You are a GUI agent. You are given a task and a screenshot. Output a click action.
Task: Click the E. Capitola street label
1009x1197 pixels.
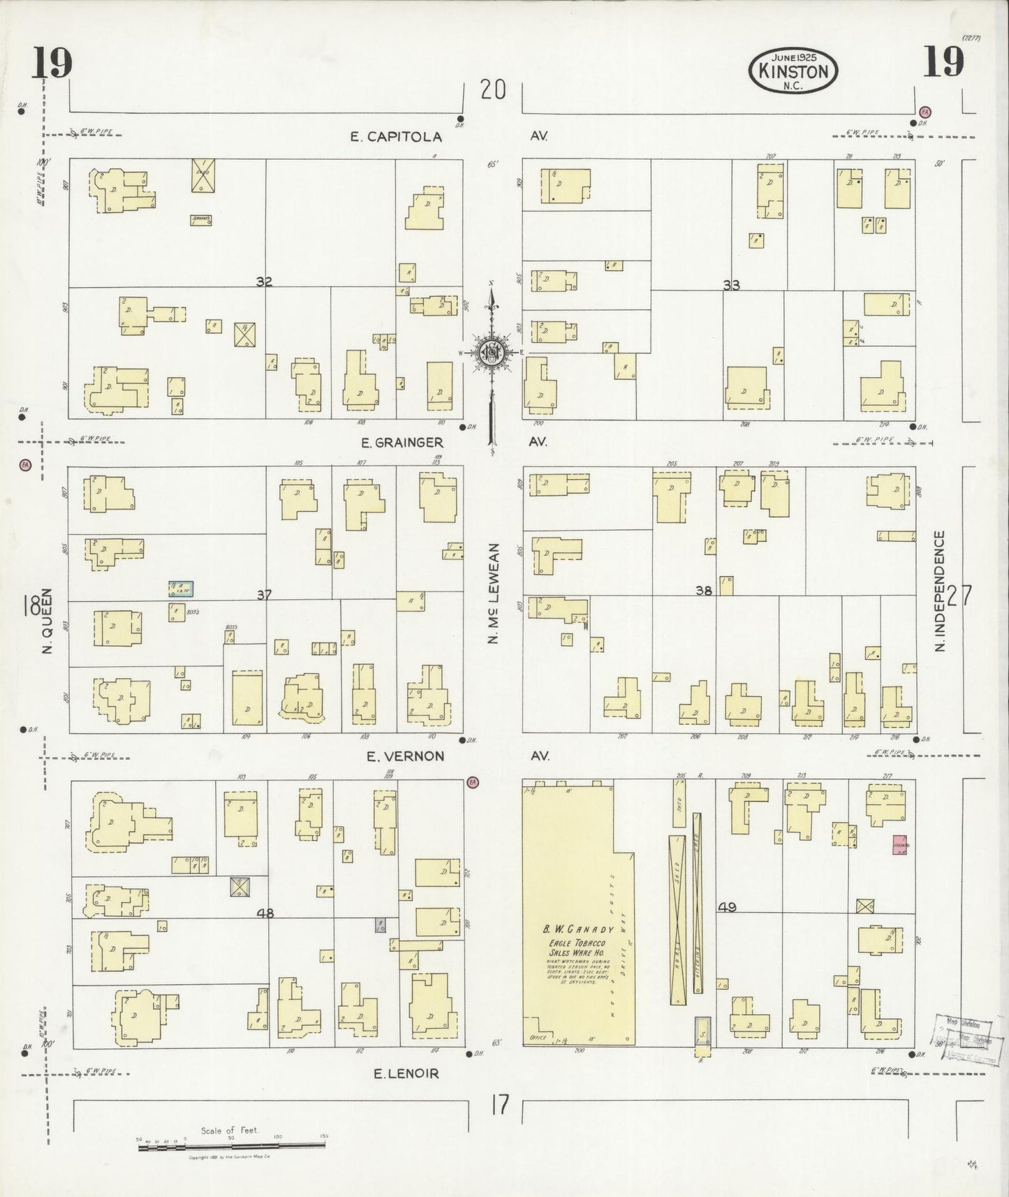click(396, 137)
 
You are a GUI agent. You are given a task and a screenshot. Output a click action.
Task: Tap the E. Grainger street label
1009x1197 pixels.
click(402, 442)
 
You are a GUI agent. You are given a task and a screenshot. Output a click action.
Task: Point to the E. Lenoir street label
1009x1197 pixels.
click(406, 1073)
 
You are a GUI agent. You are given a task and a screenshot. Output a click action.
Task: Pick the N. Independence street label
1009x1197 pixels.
click(940, 591)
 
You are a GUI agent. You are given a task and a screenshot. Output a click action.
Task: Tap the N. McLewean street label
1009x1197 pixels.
click(494, 594)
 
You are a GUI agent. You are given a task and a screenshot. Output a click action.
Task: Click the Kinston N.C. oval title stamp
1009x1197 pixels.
click(793, 71)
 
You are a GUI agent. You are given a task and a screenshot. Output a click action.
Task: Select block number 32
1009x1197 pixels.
click(263, 282)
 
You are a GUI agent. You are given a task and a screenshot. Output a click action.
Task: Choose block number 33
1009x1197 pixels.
click(731, 285)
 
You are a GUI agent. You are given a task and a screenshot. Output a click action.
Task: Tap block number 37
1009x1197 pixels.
click(263, 595)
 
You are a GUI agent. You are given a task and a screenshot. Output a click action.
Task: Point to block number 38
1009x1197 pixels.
click(703, 591)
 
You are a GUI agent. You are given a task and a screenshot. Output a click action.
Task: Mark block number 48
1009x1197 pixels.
click(265, 913)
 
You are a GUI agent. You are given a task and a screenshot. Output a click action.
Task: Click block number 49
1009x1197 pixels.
click(727, 907)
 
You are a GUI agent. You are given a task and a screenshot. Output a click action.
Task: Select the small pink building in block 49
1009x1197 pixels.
click(899, 844)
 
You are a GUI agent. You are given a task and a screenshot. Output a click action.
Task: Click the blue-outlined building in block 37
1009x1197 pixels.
click(181, 588)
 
